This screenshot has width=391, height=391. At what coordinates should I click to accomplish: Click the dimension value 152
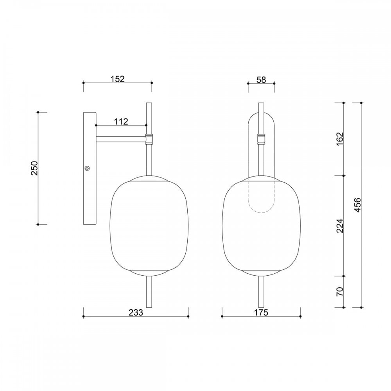point(117,79)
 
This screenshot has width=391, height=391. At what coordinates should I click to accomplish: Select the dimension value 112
point(121,122)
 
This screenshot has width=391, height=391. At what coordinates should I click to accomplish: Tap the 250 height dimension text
point(34,168)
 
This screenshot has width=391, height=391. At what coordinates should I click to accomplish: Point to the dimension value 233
point(136,312)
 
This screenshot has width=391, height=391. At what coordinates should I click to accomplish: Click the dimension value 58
point(261,80)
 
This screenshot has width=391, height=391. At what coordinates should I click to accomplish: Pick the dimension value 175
point(261,312)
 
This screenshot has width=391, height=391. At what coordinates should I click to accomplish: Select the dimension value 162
point(340,139)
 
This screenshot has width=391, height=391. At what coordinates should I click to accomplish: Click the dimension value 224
point(340,226)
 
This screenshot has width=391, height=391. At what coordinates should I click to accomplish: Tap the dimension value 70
point(340,292)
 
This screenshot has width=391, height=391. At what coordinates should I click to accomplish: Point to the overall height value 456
point(357,205)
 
